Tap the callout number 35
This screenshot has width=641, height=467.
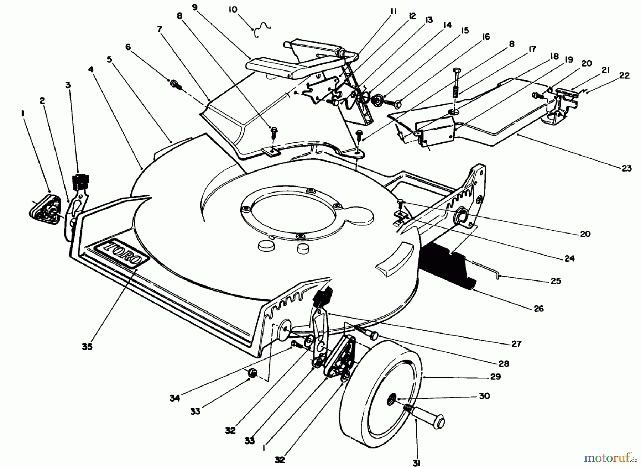pos(87,346)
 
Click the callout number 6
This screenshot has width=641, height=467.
pos(128,47)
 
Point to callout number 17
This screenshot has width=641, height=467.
pos(532,49)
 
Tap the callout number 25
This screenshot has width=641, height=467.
pos(556,281)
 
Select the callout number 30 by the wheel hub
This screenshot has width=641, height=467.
pos(484,396)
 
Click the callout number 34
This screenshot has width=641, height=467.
pos(175,398)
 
